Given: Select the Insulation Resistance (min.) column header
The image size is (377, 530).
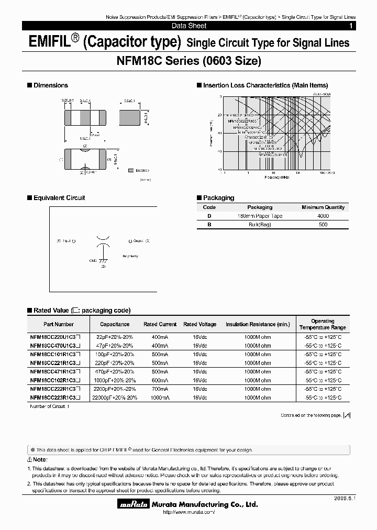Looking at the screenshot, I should [258, 324].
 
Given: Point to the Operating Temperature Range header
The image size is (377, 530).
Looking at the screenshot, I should [323, 324].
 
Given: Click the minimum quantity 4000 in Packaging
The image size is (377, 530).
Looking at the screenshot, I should [323, 216].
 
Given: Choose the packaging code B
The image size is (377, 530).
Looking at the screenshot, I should [209, 225].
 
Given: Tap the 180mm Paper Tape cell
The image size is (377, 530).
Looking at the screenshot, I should [260, 216].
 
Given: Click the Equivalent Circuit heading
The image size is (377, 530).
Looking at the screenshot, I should [59, 198].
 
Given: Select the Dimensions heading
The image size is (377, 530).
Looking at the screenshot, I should [50, 85].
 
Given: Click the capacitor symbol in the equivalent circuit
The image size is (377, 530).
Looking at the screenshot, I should [103, 241].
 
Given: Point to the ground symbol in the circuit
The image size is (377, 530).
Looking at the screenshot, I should [103, 260].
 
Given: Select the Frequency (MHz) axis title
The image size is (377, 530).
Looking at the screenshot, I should [278, 178].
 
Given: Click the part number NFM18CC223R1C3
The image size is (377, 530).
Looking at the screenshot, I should [55, 398].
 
